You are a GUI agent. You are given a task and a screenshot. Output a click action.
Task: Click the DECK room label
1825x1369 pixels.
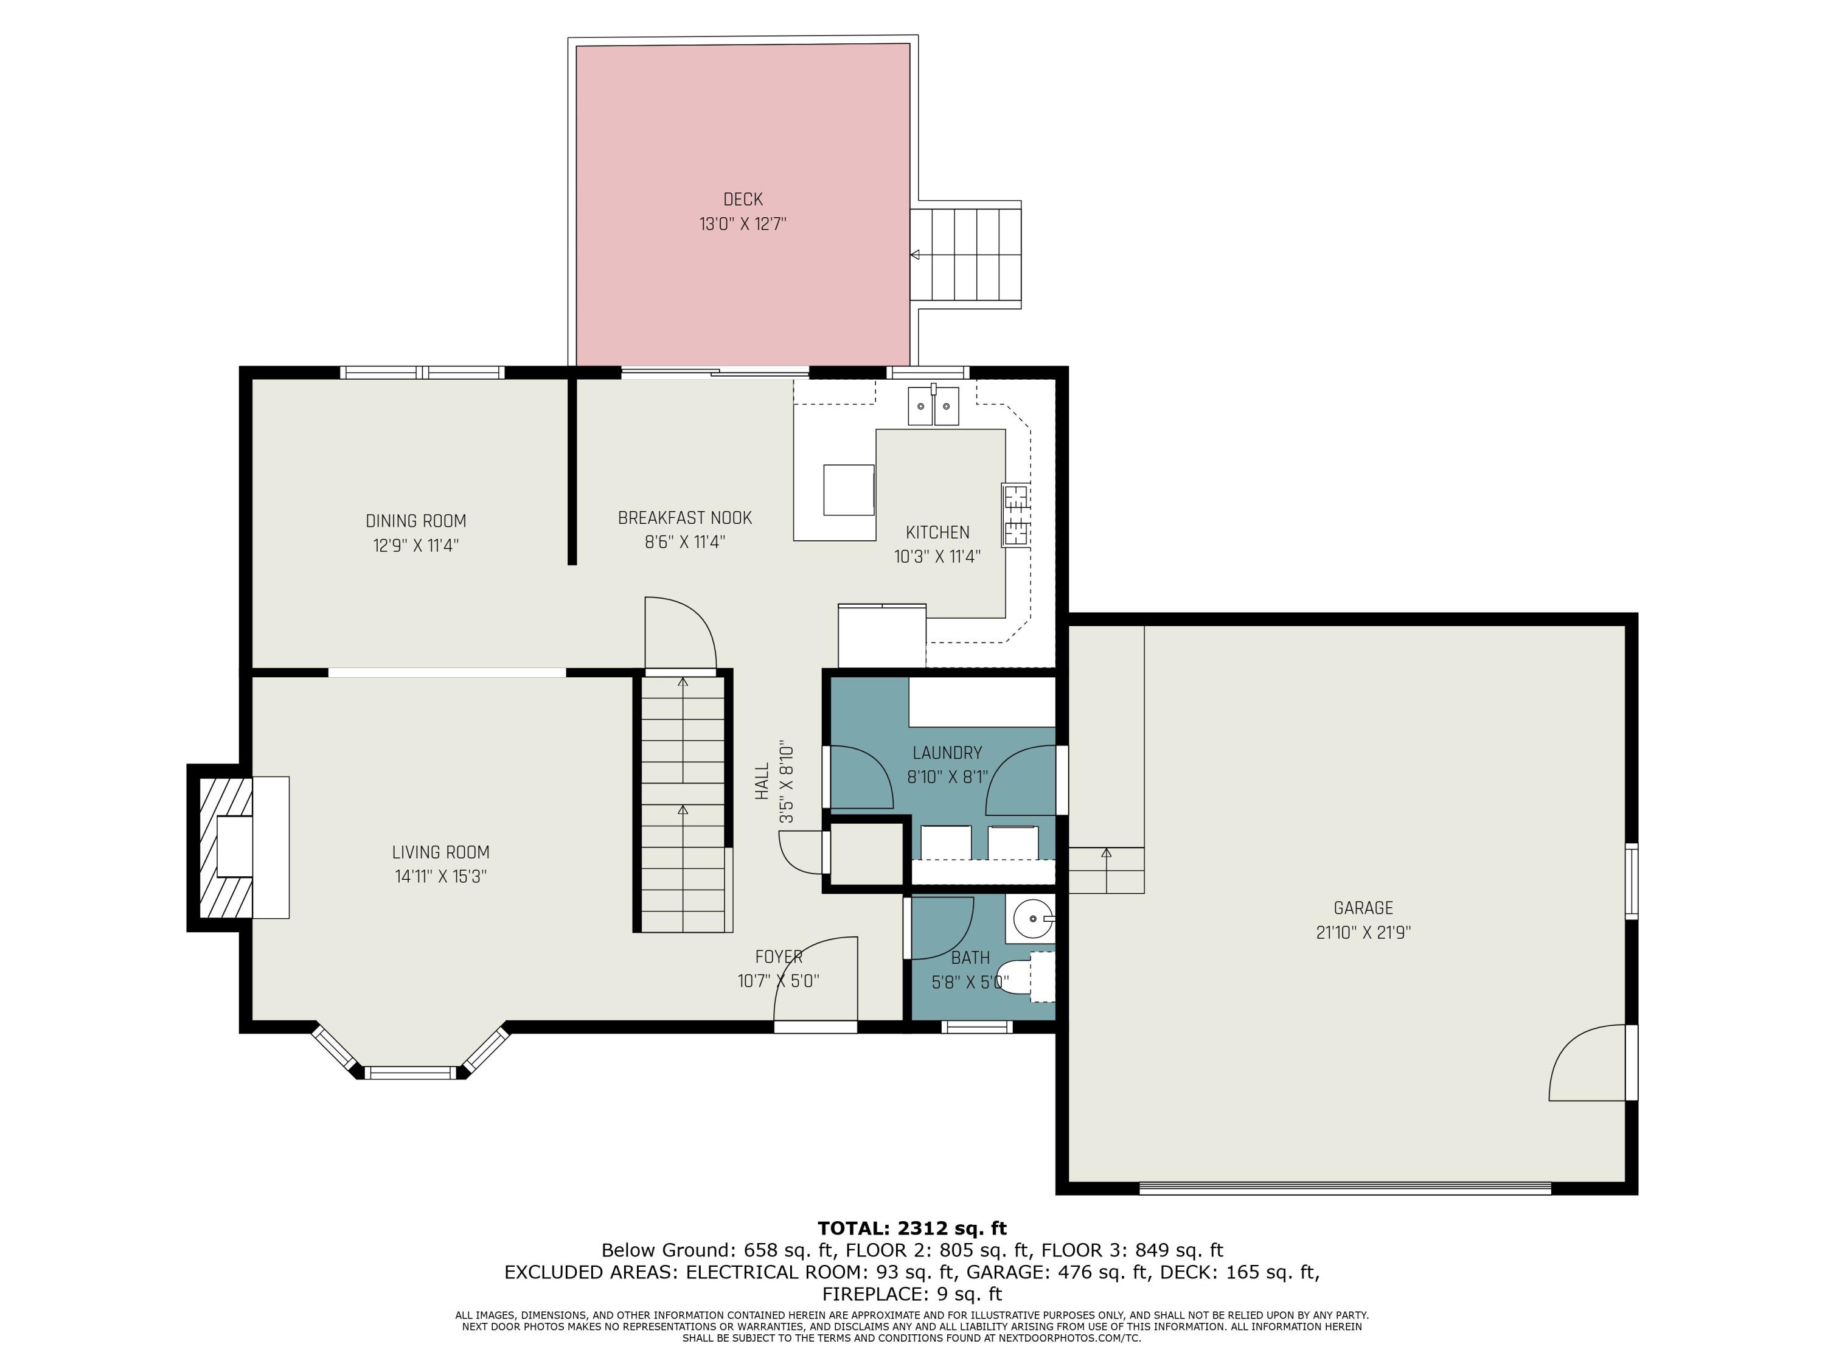743,200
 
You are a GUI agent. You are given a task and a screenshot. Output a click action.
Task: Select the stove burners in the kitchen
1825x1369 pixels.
1016,515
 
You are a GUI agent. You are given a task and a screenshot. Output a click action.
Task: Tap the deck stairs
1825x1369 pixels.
965,254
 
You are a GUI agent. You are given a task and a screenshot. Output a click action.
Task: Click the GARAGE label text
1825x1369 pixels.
1363,908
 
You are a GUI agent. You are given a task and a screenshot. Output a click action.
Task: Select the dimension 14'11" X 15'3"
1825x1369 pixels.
440,876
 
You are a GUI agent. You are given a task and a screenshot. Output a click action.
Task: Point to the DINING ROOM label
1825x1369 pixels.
416,521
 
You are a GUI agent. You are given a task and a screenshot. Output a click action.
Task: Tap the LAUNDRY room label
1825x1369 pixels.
947,753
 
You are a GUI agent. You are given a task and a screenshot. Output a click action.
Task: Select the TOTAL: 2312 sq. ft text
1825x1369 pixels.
912,1228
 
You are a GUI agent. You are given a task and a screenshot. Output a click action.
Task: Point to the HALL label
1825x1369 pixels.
762,781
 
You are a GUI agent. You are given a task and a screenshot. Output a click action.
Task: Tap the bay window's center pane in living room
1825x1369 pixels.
410,1073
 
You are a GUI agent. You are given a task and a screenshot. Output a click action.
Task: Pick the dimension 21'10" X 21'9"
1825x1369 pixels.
1363,933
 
